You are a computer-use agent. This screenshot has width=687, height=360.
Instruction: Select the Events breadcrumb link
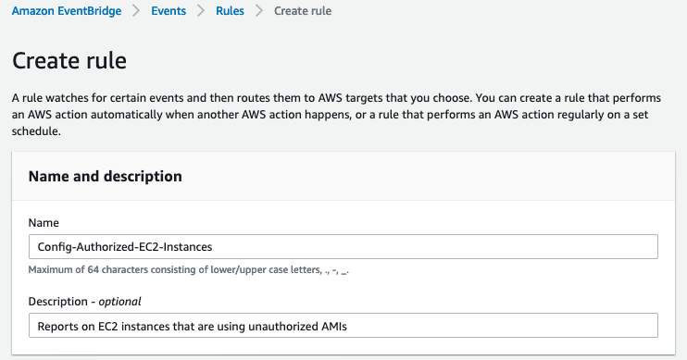coord(169,11)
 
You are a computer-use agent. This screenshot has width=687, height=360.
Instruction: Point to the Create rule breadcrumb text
coord(303,11)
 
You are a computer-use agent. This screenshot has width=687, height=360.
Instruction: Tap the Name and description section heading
coord(105,176)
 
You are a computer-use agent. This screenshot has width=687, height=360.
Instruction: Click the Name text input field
coord(343,246)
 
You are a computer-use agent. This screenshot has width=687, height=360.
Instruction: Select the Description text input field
coord(343,326)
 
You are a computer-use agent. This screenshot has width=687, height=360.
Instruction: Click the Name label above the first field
coord(43,223)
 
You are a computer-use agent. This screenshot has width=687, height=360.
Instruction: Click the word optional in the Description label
coord(119,302)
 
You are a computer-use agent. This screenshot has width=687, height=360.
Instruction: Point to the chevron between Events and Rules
coord(200,11)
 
